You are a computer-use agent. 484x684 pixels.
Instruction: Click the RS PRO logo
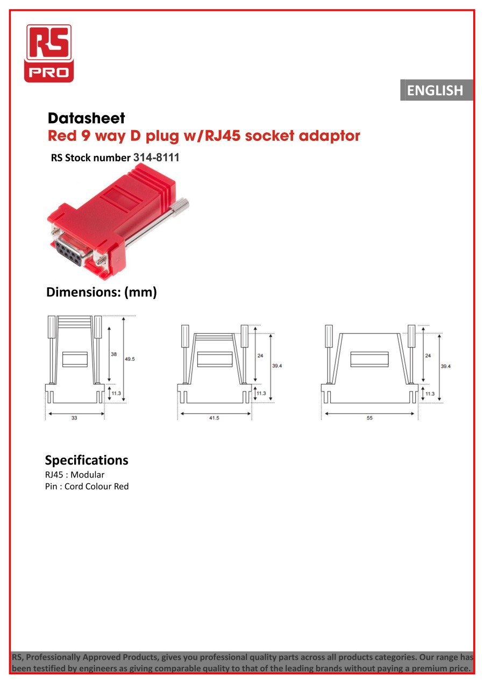click(x=49, y=53)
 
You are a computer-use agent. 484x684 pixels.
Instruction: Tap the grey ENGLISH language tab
click(x=437, y=90)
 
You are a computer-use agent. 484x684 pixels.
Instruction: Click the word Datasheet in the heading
click(x=87, y=118)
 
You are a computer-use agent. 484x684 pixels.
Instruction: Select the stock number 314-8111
click(x=156, y=158)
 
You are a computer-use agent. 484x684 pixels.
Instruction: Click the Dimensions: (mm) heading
click(x=102, y=292)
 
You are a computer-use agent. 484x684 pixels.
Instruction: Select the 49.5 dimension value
click(x=130, y=359)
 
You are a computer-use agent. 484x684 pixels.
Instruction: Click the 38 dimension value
click(x=113, y=354)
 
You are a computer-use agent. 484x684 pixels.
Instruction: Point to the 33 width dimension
click(x=74, y=418)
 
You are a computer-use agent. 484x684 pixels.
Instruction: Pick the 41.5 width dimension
click(x=214, y=418)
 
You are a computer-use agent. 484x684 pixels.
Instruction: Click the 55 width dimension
click(x=369, y=418)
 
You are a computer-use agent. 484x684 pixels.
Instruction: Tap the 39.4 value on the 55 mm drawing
click(x=445, y=366)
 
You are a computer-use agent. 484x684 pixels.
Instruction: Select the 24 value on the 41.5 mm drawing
click(x=260, y=356)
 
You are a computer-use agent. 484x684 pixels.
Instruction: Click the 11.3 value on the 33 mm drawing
click(x=116, y=393)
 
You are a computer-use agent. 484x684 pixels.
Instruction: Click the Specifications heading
click(x=87, y=460)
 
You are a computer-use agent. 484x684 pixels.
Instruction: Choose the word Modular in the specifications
click(x=87, y=474)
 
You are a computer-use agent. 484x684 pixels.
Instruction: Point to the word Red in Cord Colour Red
click(x=121, y=486)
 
